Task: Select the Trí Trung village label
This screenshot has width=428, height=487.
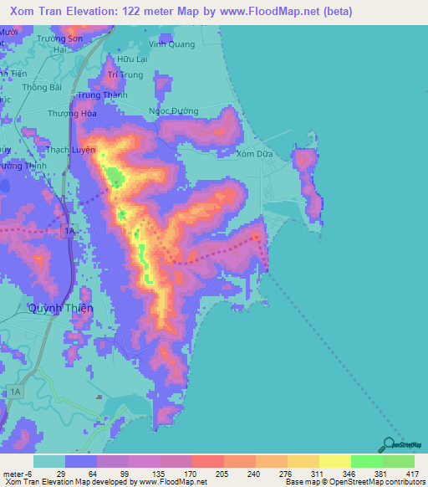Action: click(126, 74)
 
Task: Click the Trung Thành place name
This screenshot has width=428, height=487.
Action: click(99, 95)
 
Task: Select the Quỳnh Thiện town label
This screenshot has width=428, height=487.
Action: click(60, 308)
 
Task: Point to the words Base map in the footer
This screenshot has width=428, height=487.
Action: click(300, 483)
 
